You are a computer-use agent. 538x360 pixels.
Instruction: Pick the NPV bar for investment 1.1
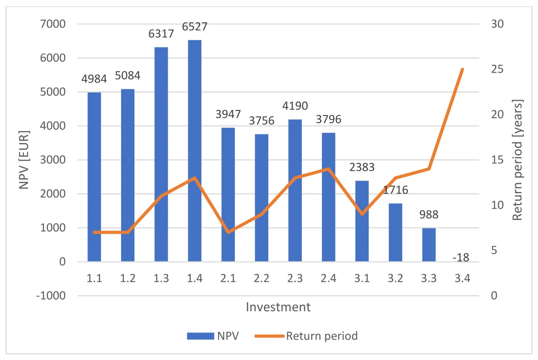(x=94, y=177)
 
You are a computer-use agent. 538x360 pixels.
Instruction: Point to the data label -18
(x=462, y=258)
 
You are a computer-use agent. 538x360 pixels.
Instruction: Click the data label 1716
(x=396, y=190)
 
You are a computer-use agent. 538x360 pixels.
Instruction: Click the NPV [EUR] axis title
(x=25, y=159)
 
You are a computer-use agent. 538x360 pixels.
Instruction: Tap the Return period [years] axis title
(x=518, y=160)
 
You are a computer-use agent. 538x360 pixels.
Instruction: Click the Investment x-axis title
(x=278, y=307)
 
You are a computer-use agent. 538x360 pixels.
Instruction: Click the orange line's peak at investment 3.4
(x=462, y=69)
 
